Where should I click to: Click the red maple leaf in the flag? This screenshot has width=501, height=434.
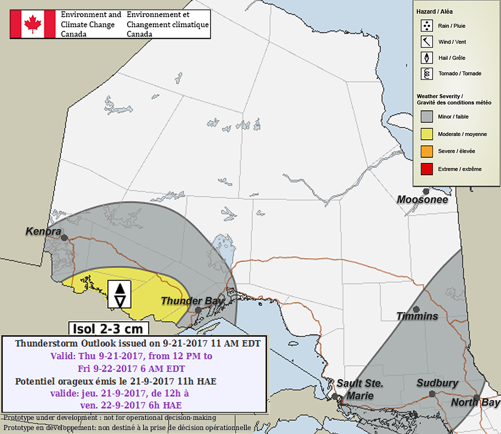(33, 24)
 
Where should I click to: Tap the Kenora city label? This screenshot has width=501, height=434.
(43, 232)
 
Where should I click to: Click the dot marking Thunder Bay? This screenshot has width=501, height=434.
(198, 310)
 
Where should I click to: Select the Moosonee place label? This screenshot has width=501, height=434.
(422, 200)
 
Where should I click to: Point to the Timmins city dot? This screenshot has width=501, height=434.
(417, 309)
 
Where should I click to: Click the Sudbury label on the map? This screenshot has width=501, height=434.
(437, 383)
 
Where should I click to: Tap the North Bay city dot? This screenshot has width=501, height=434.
(477, 398)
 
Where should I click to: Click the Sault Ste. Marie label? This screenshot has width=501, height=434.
(360, 389)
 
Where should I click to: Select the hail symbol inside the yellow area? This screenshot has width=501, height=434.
(120, 294)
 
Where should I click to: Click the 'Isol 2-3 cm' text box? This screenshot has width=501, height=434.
(108, 329)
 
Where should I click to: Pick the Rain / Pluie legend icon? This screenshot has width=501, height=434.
(426, 26)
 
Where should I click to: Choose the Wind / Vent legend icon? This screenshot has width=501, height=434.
(426, 42)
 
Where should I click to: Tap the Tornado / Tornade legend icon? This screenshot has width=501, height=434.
(426, 74)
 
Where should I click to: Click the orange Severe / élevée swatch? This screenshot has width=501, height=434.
(426, 151)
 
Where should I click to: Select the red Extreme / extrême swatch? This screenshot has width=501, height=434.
(426, 169)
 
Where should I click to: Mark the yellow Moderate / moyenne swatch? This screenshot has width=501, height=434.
(426, 134)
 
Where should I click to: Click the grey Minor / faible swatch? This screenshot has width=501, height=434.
(426, 116)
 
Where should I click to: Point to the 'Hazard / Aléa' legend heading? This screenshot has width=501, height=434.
(434, 12)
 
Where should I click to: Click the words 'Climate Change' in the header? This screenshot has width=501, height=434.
(88, 25)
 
